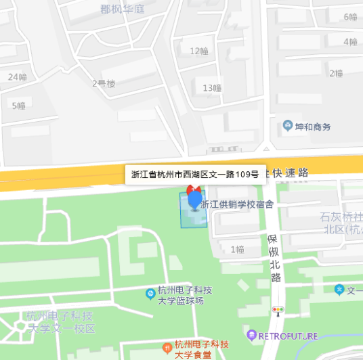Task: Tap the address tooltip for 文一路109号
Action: pos(194,174)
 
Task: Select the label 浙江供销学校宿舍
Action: pos(241,204)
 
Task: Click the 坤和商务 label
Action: pos(313,127)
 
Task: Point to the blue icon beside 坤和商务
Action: pos(288,127)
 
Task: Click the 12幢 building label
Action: pos(199,51)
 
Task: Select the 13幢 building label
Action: pos(212,87)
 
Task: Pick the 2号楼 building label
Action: pos(104,84)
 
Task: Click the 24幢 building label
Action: pos(17,76)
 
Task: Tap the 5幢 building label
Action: pos(18,105)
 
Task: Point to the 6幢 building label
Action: pos(350,17)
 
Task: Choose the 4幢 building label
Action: pos(350,42)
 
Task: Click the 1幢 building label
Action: pos(237,249)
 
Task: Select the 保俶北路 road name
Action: pos(274,258)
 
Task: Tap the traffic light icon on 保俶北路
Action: pos(277,311)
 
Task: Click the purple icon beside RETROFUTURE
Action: pos(252,334)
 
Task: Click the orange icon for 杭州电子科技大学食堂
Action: pos(167,344)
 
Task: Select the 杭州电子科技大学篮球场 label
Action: pos(185,295)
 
